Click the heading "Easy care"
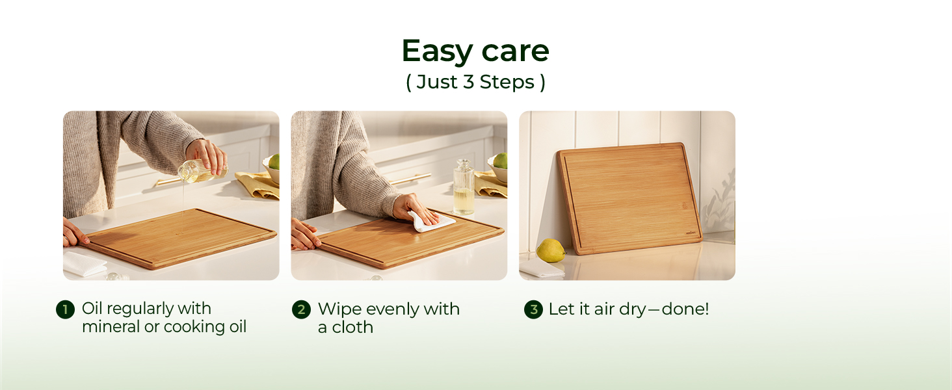pyautogui.click(x=475, y=51)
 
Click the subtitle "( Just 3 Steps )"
pyautogui.click(x=475, y=82)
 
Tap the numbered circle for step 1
pyautogui.click(x=66, y=309)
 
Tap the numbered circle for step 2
pyautogui.click(x=301, y=309)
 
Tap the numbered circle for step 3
pyautogui.click(x=533, y=309)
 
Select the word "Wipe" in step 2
pyautogui.click(x=339, y=309)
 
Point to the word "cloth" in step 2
pyautogui.click(x=352, y=328)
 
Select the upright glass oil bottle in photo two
pyautogui.click(x=463, y=187)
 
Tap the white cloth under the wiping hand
pyautogui.click(x=431, y=222)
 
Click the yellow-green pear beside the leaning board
pyautogui.click(x=550, y=250)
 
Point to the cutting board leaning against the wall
pyautogui.click(x=629, y=198)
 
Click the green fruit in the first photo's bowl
pyautogui.click(x=274, y=162)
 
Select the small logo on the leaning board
pyautogui.click(x=691, y=233)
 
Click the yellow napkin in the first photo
pyautogui.click(x=258, y=185)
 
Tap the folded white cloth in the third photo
pyautogui.click(x=542, y=268)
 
